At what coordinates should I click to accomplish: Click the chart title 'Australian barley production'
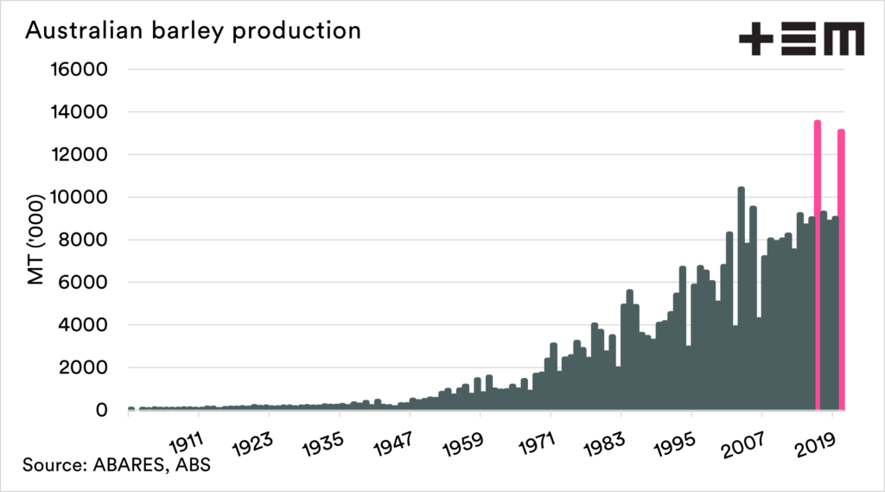click(193, 30)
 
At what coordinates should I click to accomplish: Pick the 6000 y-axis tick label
click(83, 283)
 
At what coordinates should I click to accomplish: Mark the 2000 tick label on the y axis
click(83, 367)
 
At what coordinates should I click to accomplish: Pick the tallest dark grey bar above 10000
click(742, 298)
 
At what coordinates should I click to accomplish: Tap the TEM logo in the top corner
click(800, 39)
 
